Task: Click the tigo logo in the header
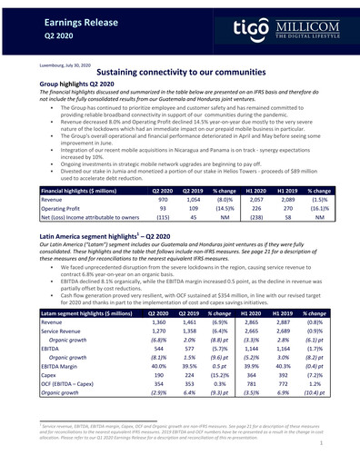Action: [248, 28]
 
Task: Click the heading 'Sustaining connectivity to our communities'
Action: [180, 73]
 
